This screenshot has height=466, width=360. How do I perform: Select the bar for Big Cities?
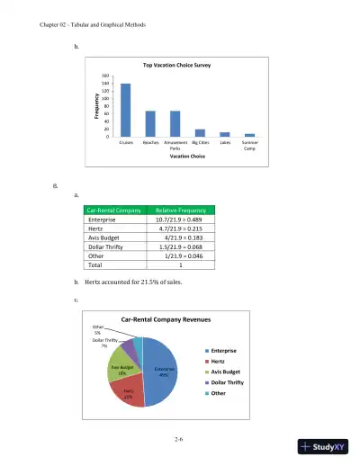[200, 133]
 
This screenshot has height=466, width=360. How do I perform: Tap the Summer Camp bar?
[249, 135]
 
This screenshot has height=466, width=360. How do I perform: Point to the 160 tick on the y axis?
[105, 76]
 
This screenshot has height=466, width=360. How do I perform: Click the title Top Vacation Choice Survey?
[185, 66]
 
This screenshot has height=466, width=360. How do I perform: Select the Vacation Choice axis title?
[184, 157]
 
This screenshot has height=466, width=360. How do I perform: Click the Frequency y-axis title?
[96, 106]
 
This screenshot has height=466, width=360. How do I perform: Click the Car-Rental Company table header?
[112, 209]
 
